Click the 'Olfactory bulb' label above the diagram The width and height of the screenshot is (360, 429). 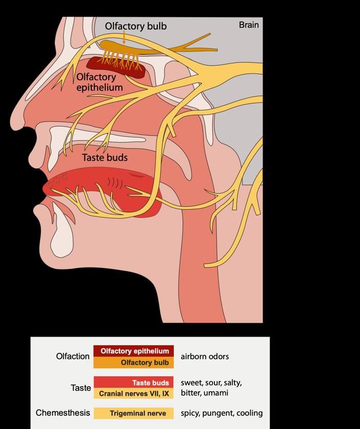(135, 26)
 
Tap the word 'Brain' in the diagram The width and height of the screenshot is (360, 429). (249, 25)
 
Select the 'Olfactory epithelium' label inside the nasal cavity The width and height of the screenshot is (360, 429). (100, 82)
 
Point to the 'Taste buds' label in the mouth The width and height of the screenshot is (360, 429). (105, 158)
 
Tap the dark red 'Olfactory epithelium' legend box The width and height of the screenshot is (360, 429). (134, 351)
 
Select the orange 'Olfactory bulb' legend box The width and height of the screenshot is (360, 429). (134, 363)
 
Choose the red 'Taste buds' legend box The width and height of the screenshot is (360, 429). (134, 383)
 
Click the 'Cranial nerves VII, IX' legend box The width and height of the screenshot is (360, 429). (134, 394)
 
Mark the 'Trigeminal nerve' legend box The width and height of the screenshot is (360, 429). (134, 413)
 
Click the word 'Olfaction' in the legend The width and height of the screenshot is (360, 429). (73, 356)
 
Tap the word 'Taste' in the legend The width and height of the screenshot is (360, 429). (81, 388)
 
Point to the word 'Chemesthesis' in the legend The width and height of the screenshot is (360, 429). (63, 413)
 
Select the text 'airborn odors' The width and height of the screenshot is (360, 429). (205, 356)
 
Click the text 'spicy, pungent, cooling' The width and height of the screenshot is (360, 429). (222, 413)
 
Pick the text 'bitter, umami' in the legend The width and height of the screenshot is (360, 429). (204, 393)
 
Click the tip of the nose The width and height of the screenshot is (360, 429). (15, 123)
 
